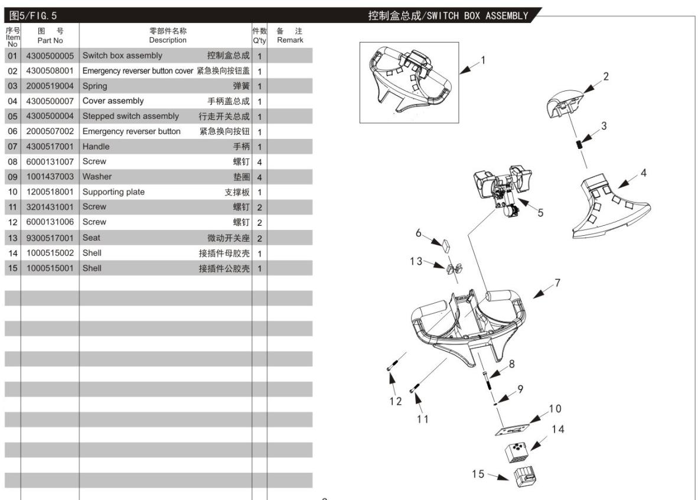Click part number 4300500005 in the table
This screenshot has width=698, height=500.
[50, 56]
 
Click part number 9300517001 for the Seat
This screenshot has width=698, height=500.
[50, 238]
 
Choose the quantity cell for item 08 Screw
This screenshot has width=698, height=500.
[259, 162]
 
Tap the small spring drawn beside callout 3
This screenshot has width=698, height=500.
[580, 144]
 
